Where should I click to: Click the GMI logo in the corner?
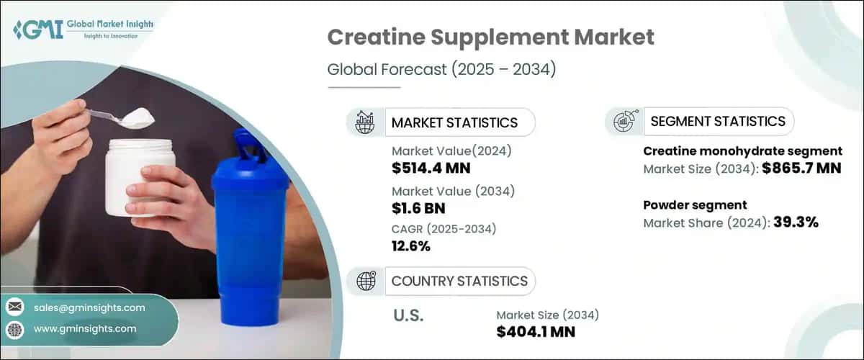(x=83, y=29)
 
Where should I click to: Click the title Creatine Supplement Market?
(x=491, y=38)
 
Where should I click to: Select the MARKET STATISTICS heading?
(x=454, y=122)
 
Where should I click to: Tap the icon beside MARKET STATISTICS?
(x=364, y=122)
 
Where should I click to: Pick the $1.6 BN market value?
(x=418, y=208)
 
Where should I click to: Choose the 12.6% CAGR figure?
(x=411, y=246)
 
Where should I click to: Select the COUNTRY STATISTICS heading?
(x=459, y=281)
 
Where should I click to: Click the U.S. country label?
(x=408, y=315)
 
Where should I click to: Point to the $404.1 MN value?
(x=536, y=331)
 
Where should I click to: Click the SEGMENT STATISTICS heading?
(x=718, y=121)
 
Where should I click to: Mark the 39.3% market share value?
(x=796, y=222)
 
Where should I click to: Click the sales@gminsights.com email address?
(x=89, y=307)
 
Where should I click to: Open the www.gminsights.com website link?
(x=85, y=329)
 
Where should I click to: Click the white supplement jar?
(x=140, y=176)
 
